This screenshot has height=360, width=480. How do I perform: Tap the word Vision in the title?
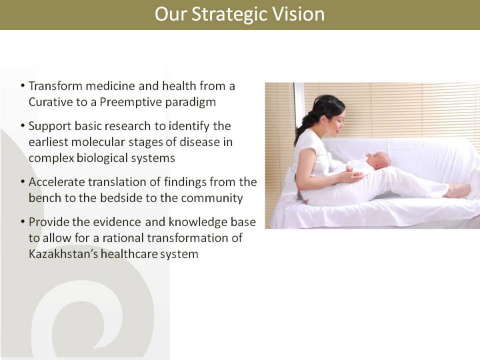pyautogui.click(x=298, y=14)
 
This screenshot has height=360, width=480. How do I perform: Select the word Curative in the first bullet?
pyautogui.click(x=49, y=102)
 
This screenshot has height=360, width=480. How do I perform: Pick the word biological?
pyautogui.click(x=102, y=159)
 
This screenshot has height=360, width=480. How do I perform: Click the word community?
pyautogui.click(x=212, y=199)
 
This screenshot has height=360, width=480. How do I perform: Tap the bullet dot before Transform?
pyautogui.click(x=23, y=86)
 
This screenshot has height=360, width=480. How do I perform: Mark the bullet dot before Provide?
pyautogui.click(x=23, y=222)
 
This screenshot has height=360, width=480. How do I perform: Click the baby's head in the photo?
pyautogui.click(x=379, y=161)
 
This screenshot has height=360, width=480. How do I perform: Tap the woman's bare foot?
pyautogui.click(x=457, y=191)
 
